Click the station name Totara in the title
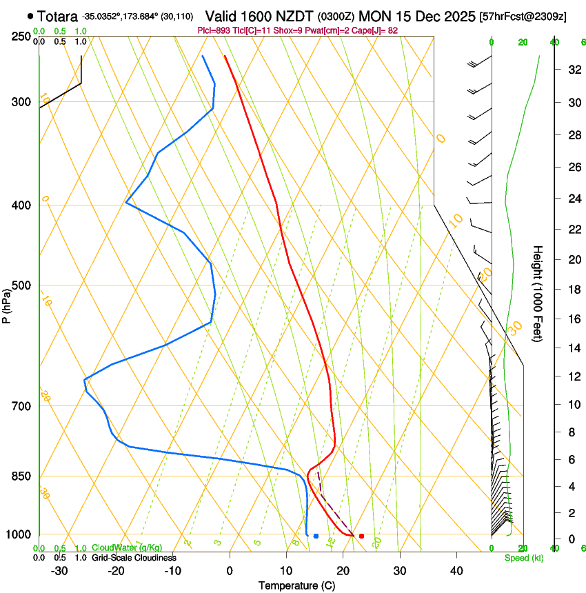[57, 16]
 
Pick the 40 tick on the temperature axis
[456, 571]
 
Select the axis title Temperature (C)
[296, 585]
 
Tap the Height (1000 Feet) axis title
[538, 294]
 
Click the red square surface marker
[361, 536]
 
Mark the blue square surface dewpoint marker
[316, 536]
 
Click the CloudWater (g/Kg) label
[127, 548]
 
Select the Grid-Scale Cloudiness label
[134, 558]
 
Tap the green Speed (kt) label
[523, 558]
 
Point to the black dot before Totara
[30, 16]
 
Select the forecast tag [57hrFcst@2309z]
[523, 16]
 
